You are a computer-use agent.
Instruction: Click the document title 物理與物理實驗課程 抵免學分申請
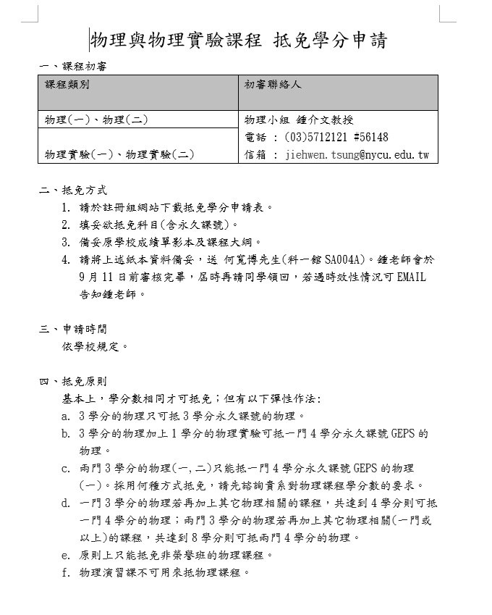(238, 41)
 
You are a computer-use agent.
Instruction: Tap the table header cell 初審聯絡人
(273, 85)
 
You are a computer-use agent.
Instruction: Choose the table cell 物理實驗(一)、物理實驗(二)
(120, 154)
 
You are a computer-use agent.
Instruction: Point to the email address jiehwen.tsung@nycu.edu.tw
(357, 155)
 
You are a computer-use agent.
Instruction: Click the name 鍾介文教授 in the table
(323, 120)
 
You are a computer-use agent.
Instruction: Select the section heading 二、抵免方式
(73, 191)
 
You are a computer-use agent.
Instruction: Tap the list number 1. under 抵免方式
(66, 207)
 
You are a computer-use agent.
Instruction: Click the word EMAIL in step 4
(410, 277)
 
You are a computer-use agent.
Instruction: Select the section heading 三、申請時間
(73, 329)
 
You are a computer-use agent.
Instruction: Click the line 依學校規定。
(96, 346)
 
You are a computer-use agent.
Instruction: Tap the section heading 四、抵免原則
(73, 381)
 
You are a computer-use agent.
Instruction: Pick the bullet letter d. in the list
(66, 503)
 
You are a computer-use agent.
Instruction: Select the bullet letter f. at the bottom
(66, 572)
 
